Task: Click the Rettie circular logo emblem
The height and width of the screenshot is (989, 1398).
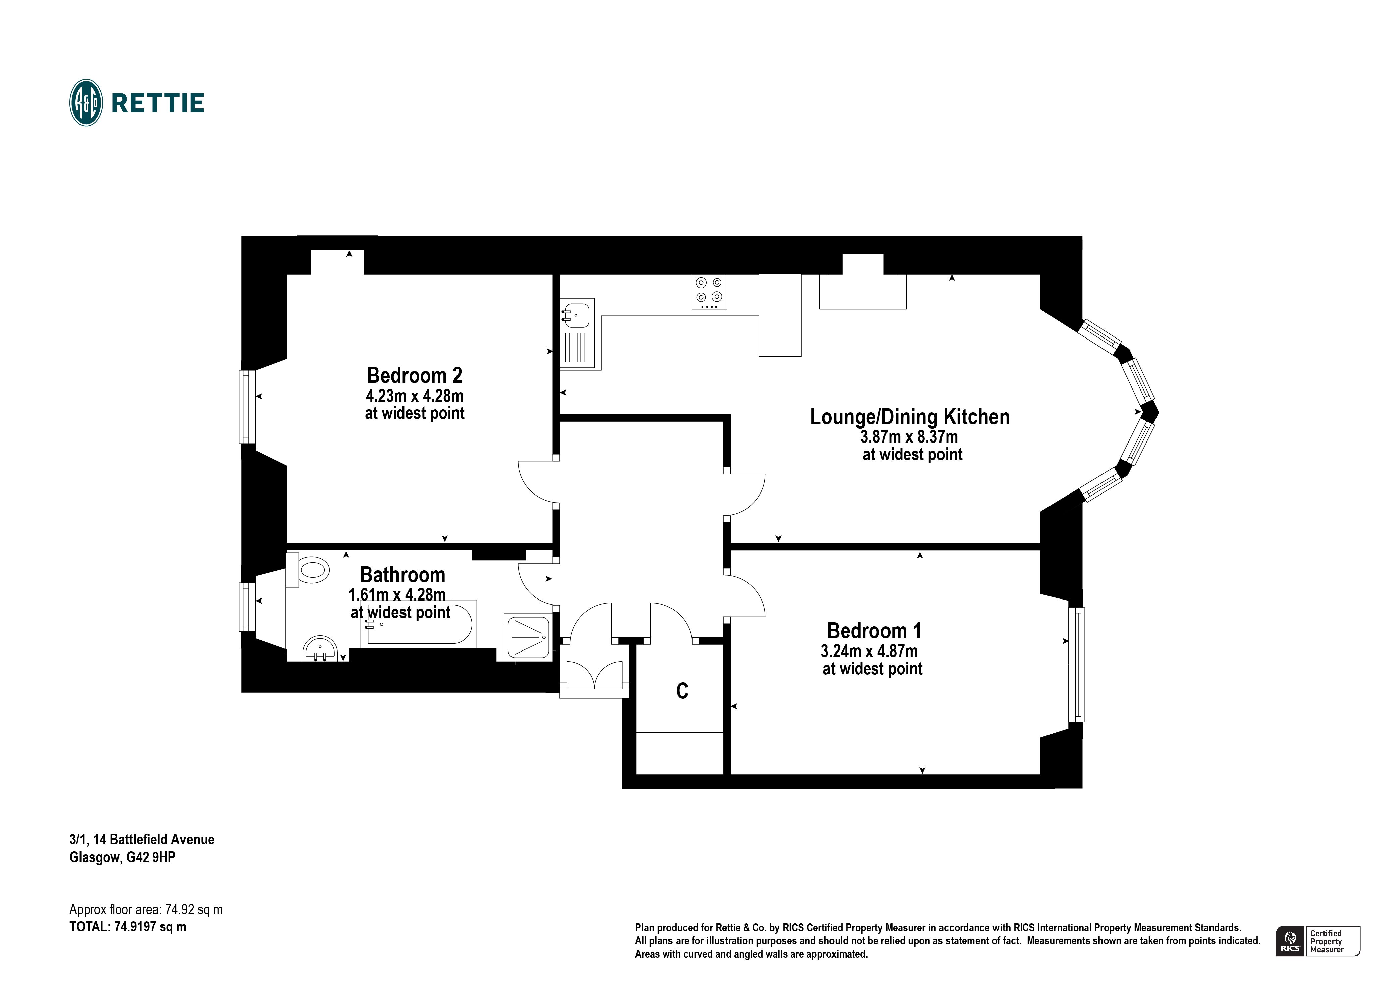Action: pyautogui.click(x=86, y=103)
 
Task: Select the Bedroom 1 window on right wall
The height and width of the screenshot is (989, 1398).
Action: pyautogui.click(x=1077, y=664)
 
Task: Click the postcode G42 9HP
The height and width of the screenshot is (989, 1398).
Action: pyautogui.click(x=151, y=857)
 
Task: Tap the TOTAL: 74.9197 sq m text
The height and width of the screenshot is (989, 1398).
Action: pyautogui.click(x=128, y=927)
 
